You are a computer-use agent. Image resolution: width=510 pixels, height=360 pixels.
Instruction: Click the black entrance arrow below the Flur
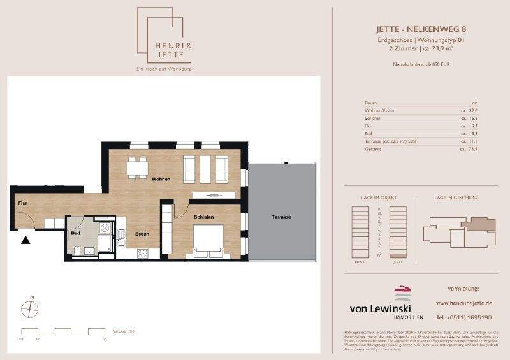click(x=25, y=240)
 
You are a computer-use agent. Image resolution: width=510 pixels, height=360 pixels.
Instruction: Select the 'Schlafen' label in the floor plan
click(x=201, y=217)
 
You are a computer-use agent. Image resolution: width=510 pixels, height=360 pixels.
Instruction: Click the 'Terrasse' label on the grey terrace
click(x=280, y=217)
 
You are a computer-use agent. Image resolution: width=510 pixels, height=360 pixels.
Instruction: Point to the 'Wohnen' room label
click(x=161, y=179)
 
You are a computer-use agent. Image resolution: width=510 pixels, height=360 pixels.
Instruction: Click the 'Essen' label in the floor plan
click(x=142, y=234)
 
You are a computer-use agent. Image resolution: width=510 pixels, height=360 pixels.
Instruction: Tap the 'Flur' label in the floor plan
click(x=21, y=203)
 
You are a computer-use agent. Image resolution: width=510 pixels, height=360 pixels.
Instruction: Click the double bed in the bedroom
click(x=207, y=243)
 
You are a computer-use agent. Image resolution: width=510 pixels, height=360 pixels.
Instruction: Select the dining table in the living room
click(x=135, y=168)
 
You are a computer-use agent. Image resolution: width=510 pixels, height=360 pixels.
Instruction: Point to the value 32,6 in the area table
click(x=473, y=110)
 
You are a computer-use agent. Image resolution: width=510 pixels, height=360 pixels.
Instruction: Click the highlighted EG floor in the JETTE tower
click(x=398, y=256)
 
